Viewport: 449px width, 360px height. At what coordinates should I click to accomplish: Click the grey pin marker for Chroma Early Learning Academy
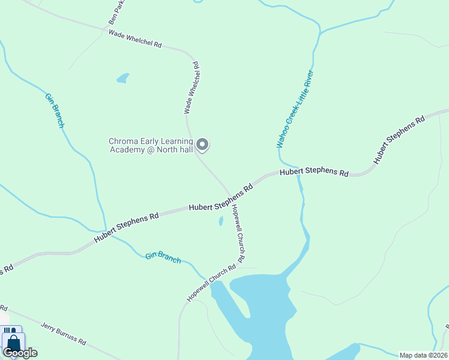[203, 144]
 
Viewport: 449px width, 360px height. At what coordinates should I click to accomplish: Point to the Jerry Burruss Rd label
[64, 334]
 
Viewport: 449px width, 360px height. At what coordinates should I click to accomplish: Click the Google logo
[20, 353]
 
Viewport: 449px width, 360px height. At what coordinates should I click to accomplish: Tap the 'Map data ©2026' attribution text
[423, 355]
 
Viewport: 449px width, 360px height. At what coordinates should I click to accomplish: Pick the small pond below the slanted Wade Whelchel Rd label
[123, 78]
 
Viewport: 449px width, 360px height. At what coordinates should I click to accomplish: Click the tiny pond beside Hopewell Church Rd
[221, 221]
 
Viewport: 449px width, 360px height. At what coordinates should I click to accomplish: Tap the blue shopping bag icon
[12, 343]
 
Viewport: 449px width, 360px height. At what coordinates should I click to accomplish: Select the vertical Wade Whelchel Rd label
[191, 88]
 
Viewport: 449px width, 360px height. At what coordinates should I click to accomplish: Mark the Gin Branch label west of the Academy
[55, 110]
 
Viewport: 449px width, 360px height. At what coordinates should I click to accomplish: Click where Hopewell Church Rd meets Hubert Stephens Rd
[232, 196]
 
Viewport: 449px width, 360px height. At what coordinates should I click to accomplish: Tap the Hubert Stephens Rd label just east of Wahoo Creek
[314, 172]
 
